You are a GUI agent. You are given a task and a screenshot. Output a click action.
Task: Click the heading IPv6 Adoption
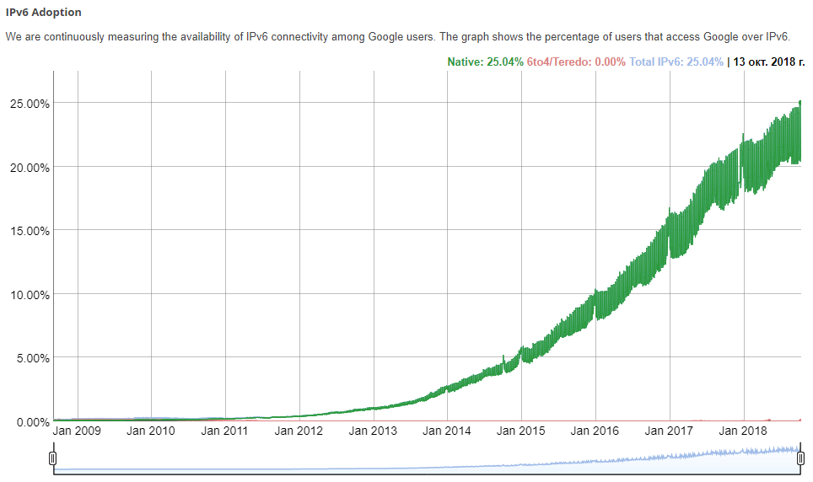pyautogui.click(x=44, y=13)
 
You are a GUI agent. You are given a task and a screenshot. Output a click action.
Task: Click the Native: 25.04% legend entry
pyautogui.click(x=485, y=62)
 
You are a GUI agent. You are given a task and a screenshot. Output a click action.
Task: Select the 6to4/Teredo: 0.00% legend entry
pyautogui.click(x=576, y=62)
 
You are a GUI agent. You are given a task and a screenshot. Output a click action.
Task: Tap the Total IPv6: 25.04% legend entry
pyautogui.click(x=676, y=62)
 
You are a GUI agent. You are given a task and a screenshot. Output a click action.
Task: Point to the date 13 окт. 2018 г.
pyautogui.click(x=769, y=62)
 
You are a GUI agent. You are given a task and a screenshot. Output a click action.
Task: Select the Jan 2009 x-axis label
pyautogui.click(x=77, y=431)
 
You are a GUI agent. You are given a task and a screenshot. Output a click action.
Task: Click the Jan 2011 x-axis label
pyautogui.click(x=225, y=431)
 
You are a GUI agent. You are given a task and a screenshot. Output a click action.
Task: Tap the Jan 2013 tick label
pyautogui.click(x=373, y=431)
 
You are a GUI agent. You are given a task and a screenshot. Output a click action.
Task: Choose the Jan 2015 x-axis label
pyautogui.click(x=521, y=431)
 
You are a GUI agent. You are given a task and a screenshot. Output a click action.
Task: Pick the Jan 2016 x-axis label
pyautogui.click(x=595, y=431)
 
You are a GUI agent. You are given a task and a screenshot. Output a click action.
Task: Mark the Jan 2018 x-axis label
pyautogui.click(x=743, y=431)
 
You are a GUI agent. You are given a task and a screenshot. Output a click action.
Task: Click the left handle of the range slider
pyautogui.click(x=52, y=458)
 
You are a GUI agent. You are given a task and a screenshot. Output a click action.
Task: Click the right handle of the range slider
pyautogui.click(x=800, y=458)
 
